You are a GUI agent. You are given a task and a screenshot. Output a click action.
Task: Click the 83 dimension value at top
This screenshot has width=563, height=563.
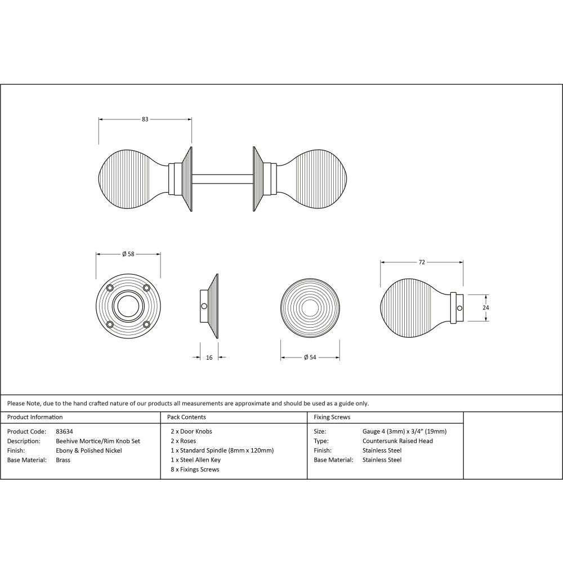click(x=145, y=119)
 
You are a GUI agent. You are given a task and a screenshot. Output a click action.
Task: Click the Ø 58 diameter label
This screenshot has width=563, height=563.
click(x=128, y=254)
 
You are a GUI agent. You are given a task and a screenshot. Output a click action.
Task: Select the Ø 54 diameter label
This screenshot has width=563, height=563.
click(x=310, y=358)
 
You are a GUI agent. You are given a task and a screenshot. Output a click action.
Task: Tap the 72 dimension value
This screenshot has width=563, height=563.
click(x=421, y=262)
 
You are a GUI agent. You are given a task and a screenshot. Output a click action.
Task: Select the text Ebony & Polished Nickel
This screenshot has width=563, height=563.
click(x=88, y=450)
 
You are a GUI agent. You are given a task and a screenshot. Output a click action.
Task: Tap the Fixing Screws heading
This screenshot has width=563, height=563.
click(x=332, y=417)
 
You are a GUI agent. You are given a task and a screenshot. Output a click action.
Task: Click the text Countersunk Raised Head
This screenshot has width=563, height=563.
click(x=397, y=441)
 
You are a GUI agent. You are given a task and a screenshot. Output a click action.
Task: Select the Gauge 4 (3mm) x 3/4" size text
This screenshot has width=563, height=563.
click(x=404, y=431)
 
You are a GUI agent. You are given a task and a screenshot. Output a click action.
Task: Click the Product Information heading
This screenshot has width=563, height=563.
click(x=35, y=417)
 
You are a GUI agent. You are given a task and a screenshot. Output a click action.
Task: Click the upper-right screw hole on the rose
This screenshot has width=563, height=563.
click(x=146, y=288)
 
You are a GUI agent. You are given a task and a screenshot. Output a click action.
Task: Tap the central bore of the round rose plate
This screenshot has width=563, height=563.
click(x=128, y=306)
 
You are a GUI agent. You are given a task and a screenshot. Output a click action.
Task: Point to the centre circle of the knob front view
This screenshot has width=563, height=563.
click(x=310, y=307)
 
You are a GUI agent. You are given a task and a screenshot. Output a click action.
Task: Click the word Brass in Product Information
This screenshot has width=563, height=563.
click(x=63, y=460)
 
